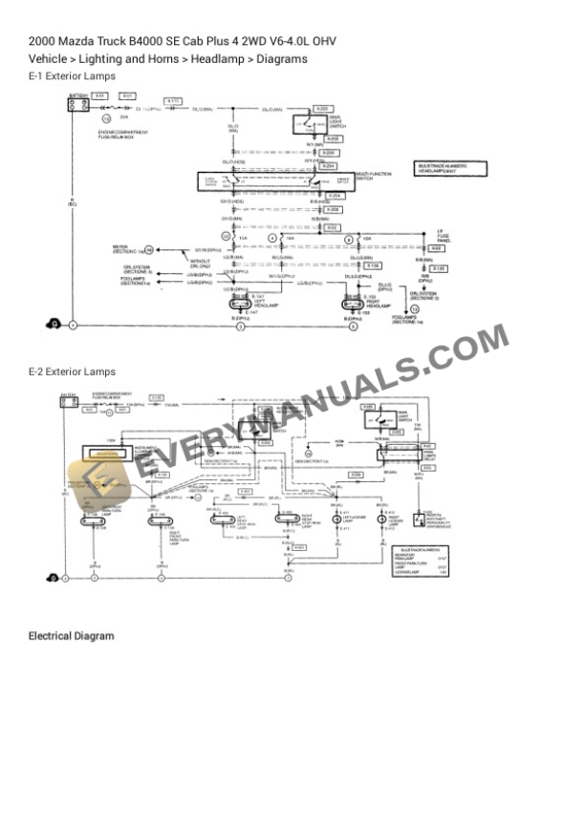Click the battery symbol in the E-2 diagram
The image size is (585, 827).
68,402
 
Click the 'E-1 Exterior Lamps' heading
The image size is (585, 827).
72,75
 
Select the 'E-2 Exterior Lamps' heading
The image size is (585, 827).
72,371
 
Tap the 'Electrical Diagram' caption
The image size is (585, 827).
71,636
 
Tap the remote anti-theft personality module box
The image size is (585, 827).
419,521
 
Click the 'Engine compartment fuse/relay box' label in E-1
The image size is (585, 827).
116,136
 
